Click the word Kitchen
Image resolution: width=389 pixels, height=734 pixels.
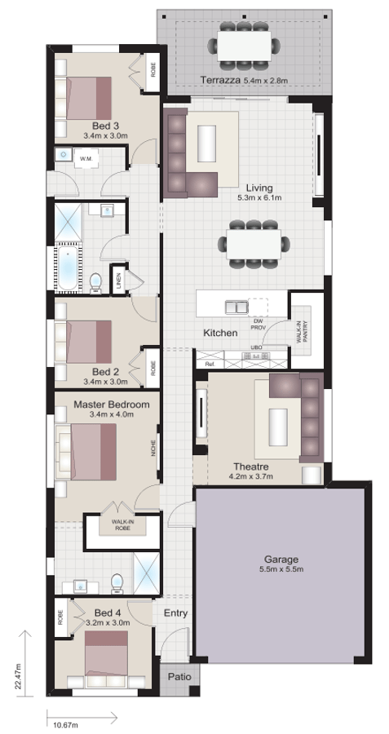tap(220, 333)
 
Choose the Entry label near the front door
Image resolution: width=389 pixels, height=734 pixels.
tap(175, 612)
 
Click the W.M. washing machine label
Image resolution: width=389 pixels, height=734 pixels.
tap(86, 160)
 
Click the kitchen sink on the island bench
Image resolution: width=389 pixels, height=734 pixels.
tap(236, 307)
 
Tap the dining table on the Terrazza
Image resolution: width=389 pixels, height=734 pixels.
tap(244, 46)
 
